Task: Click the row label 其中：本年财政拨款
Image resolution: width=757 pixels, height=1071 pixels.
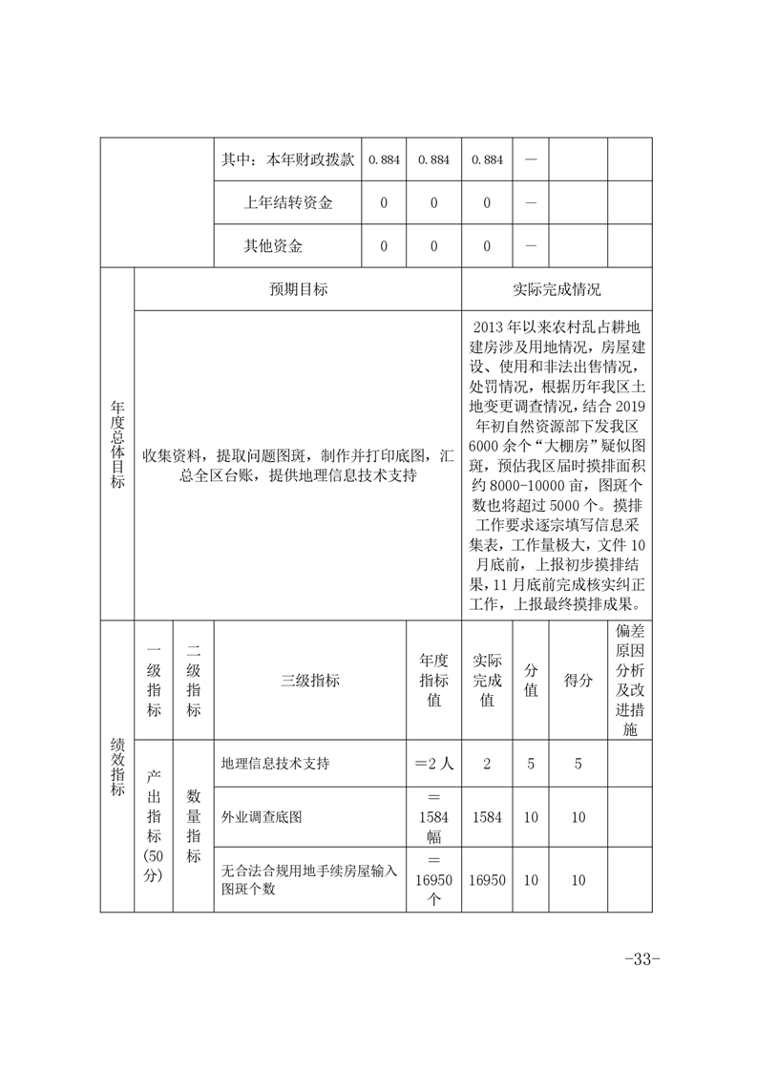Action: click(x=287, y=159)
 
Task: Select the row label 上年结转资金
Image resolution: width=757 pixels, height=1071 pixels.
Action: click(x=287, y=202)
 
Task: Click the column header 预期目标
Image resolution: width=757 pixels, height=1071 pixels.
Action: click(x=298, y=289)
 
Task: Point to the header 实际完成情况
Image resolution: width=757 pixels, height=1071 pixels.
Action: click(x=557, y=289)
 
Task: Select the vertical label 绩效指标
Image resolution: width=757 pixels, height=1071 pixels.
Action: click(x=117, y=766)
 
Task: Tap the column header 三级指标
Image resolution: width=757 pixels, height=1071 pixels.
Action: click(x=310, y=681)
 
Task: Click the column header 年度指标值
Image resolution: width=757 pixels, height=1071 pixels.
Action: click(x=433, y=681)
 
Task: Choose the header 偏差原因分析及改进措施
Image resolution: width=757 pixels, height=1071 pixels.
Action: click(x=629, y=680)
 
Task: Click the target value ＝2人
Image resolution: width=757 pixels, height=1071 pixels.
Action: click(x=433, y=764)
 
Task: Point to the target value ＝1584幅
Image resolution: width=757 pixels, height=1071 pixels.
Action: click(x=433, y=818)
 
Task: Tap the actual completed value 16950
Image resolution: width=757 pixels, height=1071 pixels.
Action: click(x=487, y=880)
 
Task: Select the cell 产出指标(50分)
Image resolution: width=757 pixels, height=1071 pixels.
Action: click(x=154, y=826)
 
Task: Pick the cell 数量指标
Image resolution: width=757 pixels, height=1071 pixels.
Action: click(x=193, y=826)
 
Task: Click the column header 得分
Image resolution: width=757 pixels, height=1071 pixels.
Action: click(x=578, y=681)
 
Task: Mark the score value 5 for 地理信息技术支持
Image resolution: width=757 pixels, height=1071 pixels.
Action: click(x=578, y=764)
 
